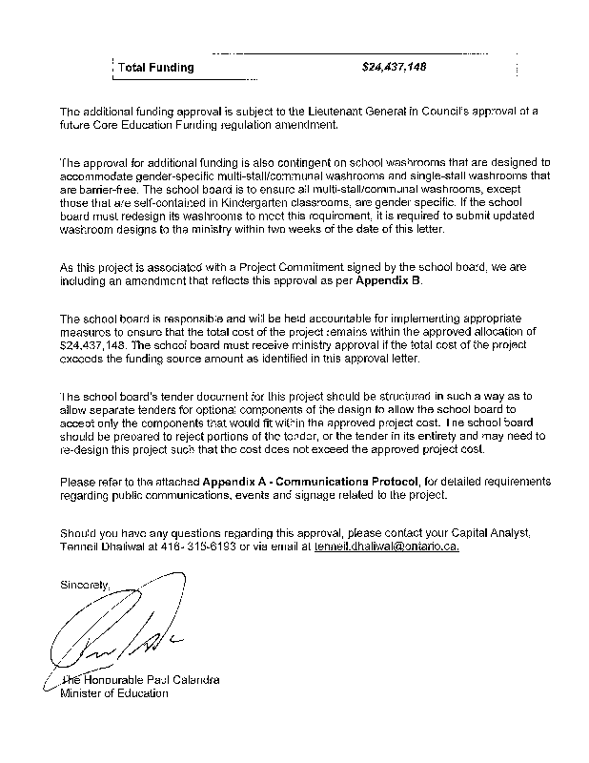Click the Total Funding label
[155, 68]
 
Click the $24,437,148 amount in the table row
[395, 68]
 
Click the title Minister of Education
[113, 693]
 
